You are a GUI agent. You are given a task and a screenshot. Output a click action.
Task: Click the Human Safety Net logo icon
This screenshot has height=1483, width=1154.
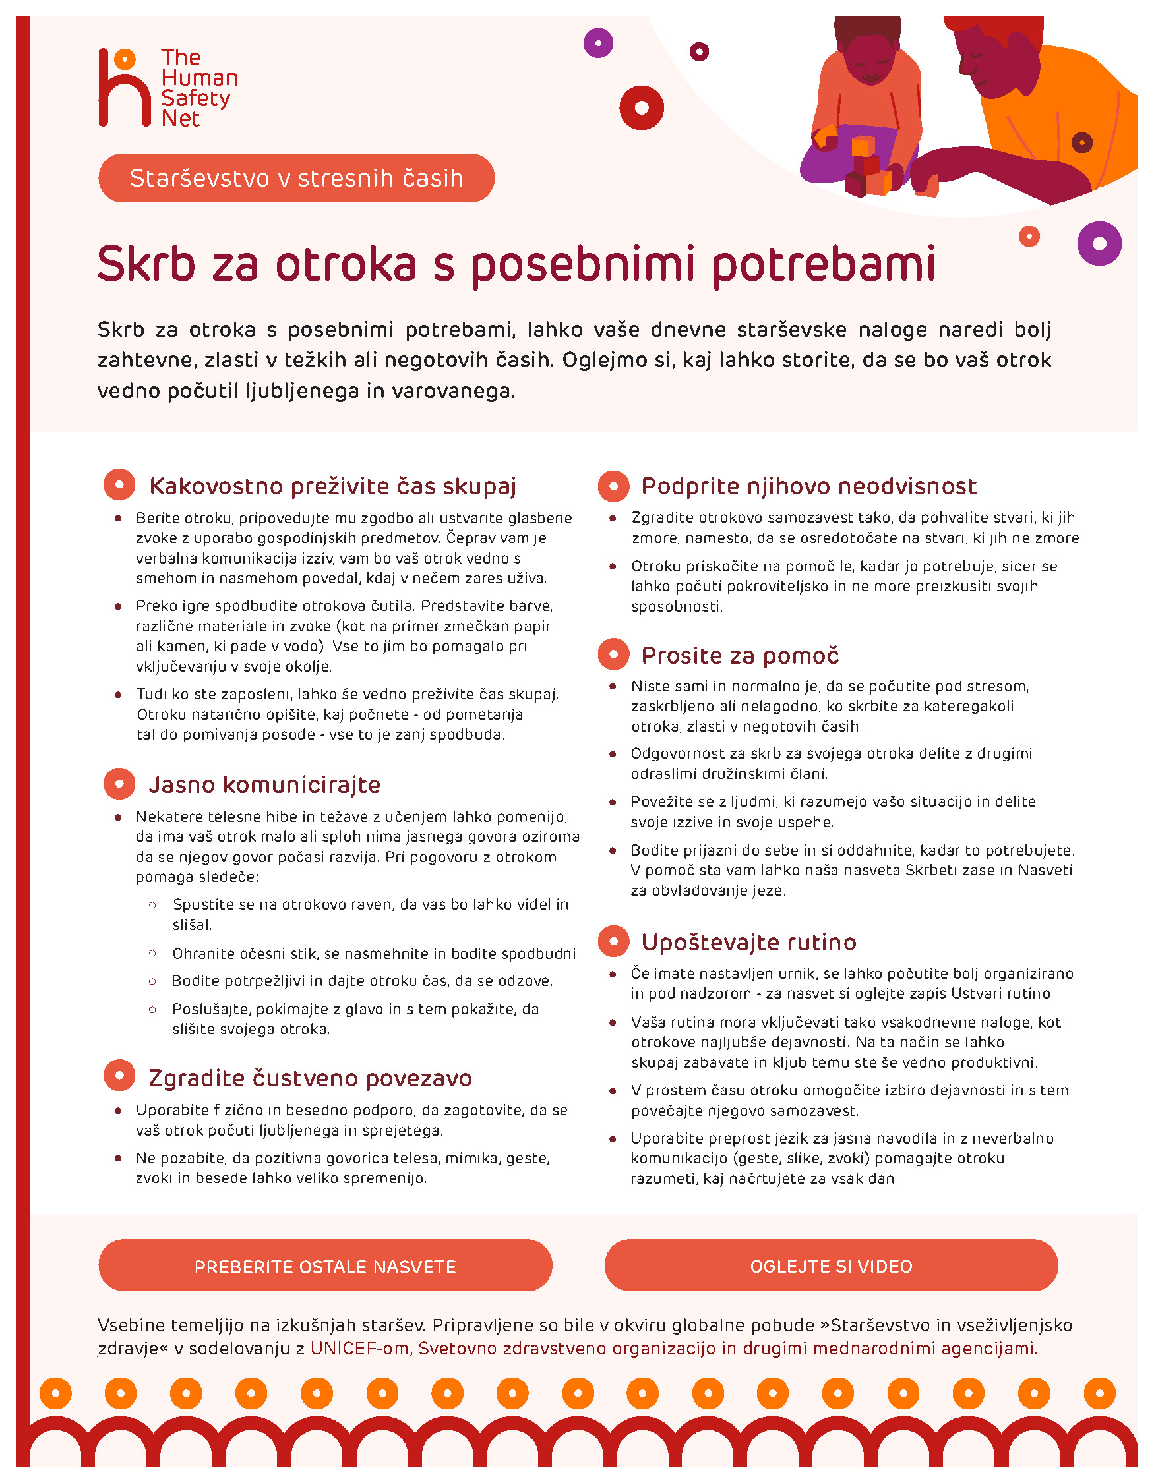[x=124, y=87]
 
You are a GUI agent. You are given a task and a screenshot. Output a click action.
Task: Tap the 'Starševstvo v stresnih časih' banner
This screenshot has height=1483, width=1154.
[x=296, y=178]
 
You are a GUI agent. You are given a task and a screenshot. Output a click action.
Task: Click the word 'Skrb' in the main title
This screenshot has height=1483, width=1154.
[x=146, y=264]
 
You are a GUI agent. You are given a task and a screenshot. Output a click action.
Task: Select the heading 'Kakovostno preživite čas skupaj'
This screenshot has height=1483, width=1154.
[x=333, y=486]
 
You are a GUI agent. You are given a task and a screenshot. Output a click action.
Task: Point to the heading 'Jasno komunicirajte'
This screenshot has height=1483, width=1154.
[x=264, y=784]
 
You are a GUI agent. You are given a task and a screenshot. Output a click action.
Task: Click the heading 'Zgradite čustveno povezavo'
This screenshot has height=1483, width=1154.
[x=310, y=1078]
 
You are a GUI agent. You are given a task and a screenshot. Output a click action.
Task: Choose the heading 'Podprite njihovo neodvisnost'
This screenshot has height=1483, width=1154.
[x=808, y=486]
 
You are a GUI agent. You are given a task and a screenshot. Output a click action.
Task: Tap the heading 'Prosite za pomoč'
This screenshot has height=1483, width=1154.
[x=740, y=655]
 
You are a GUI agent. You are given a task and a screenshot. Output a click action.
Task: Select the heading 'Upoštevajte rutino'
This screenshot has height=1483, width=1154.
[x=748, y=942]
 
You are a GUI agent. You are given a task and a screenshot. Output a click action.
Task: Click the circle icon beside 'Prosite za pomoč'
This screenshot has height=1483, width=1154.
[x=613, y=654]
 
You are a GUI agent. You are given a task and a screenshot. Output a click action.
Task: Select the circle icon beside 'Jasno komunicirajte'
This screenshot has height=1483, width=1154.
[x=119, y=784]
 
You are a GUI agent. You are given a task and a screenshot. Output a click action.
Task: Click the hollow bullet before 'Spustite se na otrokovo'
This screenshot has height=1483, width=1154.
[x=153, y=904]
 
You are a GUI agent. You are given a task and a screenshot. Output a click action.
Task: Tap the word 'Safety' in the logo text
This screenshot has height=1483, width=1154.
[x=196, y=98]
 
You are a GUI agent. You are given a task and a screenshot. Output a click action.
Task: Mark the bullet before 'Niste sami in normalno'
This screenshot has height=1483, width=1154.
[x=613, y=687]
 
